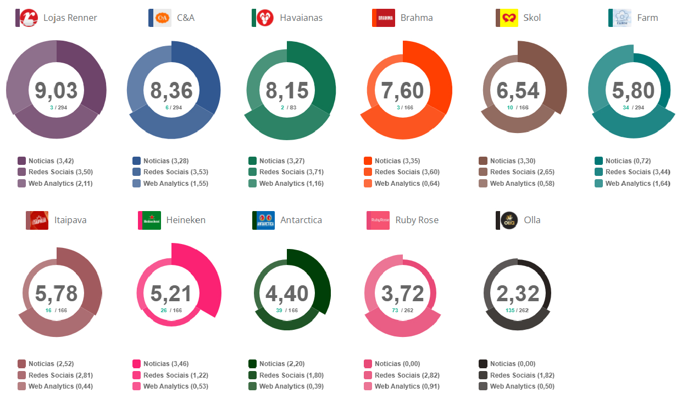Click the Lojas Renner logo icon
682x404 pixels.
point(28,18)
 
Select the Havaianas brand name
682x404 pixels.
point(301,18)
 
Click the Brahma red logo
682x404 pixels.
point(383,18)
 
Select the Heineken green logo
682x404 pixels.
point(150,220)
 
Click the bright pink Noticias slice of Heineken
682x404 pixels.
point(201,275)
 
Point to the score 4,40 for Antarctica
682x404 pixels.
point(287,294)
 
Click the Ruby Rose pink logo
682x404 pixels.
point(378,220)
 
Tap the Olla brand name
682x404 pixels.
point(532,220)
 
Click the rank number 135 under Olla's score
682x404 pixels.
point(511,311)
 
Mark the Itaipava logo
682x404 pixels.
point(37,220)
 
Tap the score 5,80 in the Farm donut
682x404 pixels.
point(634,91)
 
